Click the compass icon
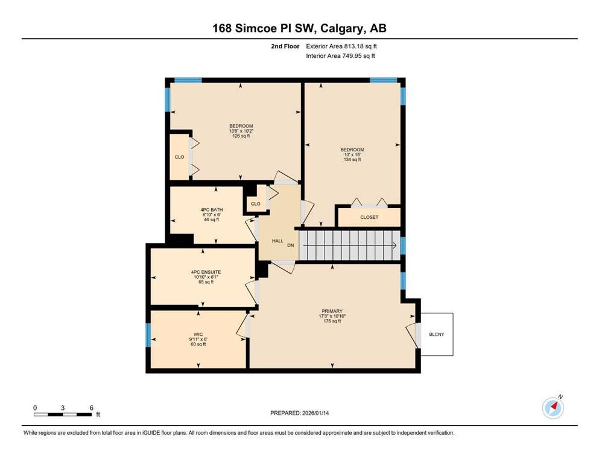553,408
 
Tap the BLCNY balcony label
436,335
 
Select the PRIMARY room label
332,311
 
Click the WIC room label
198,335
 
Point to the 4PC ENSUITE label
206,272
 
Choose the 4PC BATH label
212,210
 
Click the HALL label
277,241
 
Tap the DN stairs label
291,245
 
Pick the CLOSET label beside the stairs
369,217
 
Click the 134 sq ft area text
352,160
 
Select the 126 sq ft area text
241,136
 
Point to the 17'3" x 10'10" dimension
332,316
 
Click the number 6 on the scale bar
91,408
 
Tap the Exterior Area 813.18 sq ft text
341,46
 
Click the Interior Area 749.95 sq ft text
340,55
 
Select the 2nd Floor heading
285,46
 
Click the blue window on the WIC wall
148,335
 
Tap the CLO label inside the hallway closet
256,204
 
